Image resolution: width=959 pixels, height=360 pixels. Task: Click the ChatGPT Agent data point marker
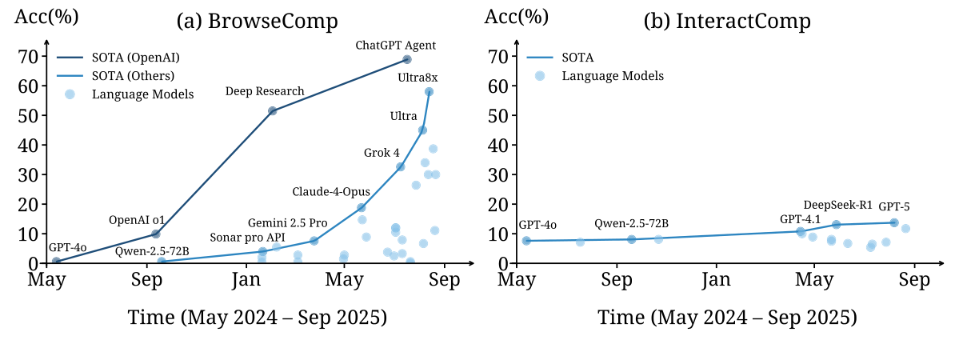407,59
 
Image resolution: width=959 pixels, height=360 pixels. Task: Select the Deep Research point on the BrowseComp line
272,110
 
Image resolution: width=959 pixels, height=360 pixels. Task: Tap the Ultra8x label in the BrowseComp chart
418,78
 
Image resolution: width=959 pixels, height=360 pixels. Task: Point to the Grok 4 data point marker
400,166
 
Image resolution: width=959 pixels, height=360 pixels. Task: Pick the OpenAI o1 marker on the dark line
156,234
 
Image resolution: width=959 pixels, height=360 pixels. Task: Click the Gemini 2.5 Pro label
287,222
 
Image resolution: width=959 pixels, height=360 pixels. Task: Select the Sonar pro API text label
247,237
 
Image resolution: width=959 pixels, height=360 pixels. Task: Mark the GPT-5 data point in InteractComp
894,222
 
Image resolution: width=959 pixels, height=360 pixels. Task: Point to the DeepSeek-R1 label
838,205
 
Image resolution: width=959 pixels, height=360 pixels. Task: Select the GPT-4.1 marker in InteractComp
800,231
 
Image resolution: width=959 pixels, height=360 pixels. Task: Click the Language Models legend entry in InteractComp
613,76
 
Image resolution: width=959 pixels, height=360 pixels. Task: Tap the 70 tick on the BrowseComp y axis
28,57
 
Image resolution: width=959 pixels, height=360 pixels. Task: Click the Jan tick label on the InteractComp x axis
716,279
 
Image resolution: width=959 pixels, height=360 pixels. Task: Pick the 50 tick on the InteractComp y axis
498,116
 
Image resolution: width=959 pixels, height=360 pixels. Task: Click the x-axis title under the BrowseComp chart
258,318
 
